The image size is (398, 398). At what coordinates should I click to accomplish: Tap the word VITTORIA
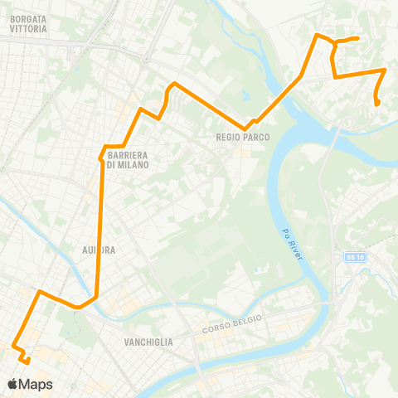28,28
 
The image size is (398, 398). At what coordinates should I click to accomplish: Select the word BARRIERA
128,156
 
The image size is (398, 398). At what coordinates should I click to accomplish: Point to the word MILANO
133,165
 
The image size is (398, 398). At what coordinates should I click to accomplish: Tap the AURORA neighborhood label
99,249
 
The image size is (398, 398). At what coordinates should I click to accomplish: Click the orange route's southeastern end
378,104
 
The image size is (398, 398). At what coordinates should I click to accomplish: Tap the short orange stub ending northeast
357,38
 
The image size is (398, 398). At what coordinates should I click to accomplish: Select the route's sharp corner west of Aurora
39,292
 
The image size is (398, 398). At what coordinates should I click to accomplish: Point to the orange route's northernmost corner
317,35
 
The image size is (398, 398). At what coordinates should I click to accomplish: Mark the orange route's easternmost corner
385,70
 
